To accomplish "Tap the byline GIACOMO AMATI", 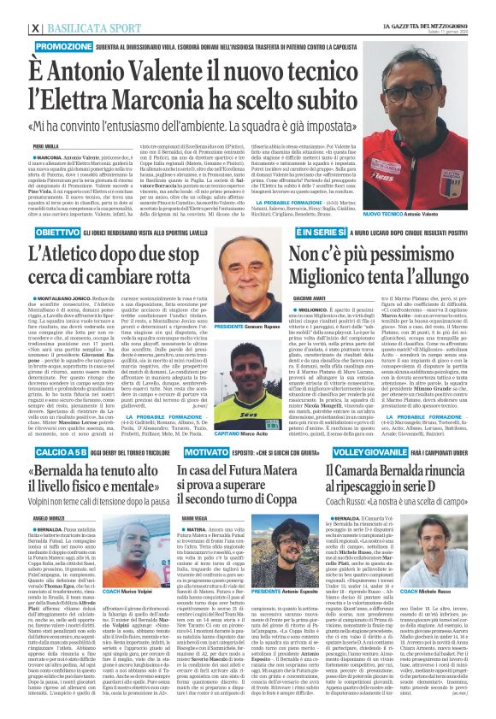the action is (304, 298).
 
